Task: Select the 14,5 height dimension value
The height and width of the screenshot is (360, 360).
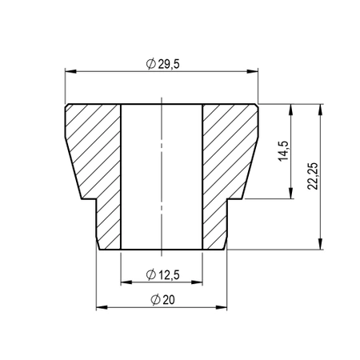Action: [x=283, y=150]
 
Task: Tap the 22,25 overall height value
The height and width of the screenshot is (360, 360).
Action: [x=313, y=176]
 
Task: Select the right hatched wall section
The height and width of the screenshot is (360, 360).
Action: [x=229, y=160]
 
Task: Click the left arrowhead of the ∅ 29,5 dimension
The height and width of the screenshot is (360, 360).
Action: [x=66, y=71]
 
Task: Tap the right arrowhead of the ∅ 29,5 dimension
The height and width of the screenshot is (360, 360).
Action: [x=255, y=71]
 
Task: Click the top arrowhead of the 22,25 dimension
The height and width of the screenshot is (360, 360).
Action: [x=321, y=107]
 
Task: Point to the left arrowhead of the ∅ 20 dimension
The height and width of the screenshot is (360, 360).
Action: [x=99, y=306]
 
